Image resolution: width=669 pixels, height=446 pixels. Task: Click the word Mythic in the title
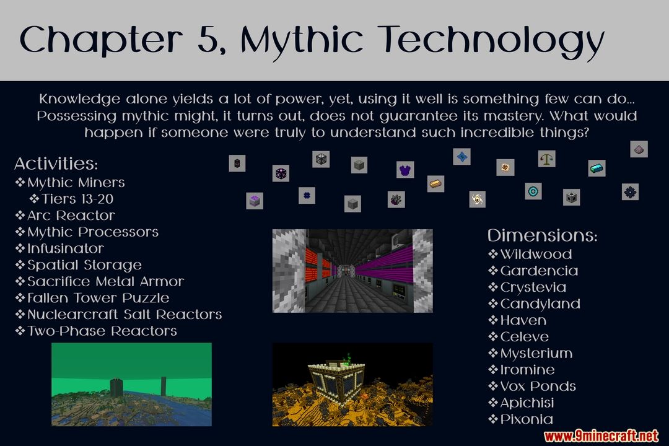pyautogui.click(x=302, y=40)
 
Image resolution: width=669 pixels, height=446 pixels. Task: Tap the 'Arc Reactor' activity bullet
pyautogui.click(x=71, y=216)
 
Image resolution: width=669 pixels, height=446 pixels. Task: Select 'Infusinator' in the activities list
pyautogui.click(x=65, y=248)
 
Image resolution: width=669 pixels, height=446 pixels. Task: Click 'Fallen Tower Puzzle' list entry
pyautogui.click(x=98, y=298)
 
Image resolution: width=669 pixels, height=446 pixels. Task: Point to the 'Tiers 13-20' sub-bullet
pyautogui.click(x=77, y=199)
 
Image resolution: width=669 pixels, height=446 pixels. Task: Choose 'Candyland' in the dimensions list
pyautogui.click(x=540, y=304)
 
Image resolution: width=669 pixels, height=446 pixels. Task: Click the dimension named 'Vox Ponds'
pyautogui.click(x=538, y=387)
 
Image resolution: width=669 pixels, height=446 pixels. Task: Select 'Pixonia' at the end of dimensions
pyautogui.click(x=527, y=419)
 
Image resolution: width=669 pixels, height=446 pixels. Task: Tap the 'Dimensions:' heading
pyautogui.click(x=542, y=235)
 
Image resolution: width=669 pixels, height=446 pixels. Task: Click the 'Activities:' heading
pyautogui.click(x=56, y=164)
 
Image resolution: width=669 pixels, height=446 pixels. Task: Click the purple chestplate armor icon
pyautogui.click(x=405, y=170)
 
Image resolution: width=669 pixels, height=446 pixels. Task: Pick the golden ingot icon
pyautogui.click(x=435, y=183)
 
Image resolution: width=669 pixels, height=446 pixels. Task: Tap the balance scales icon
pyautogui.click(x=546, y=159)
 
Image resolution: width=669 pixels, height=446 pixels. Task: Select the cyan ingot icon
pyautogui.click(x=597, y=168)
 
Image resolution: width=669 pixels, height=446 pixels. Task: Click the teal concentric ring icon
pyautogui.click(x=533, y=191)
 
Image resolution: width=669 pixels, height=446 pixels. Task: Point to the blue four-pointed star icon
pyautogui.click(x=461, y=157)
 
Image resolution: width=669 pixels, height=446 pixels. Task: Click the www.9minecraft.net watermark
pyautogui.click(x=601, y=436)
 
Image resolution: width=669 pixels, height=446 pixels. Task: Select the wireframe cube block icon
pyautogui.click(x=321, y=159)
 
